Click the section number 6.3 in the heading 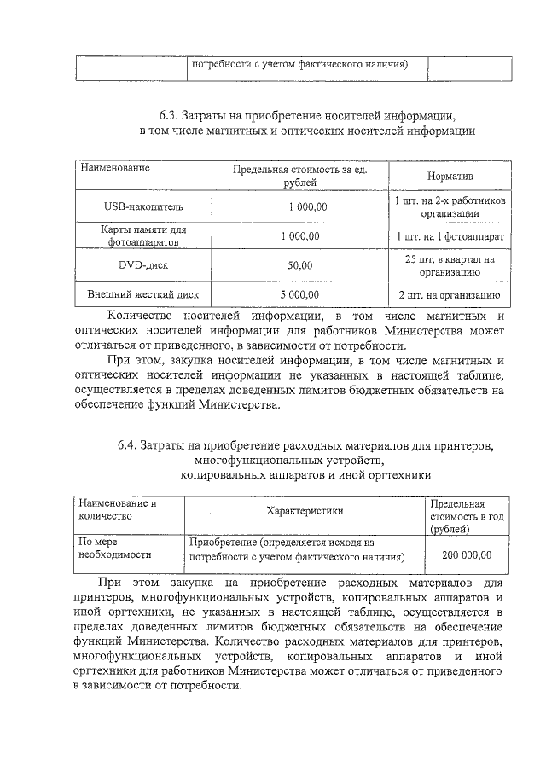(169, 114)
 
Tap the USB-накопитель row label (143, 206)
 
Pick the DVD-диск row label (143, 265)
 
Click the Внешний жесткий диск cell (143, 295)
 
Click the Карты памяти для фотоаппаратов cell (143, 235)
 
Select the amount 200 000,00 (467, 554)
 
